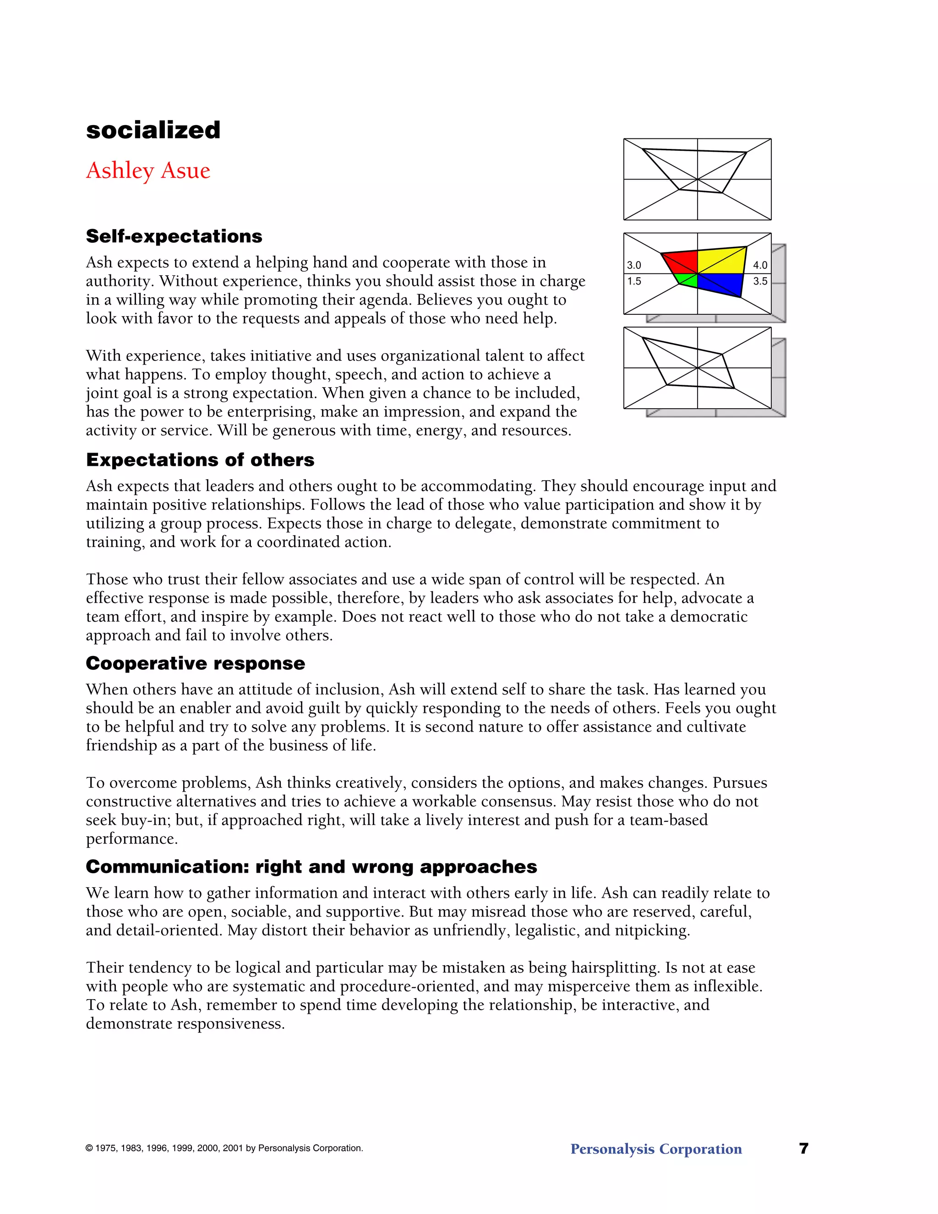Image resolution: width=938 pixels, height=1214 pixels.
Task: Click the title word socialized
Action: pos(153,130)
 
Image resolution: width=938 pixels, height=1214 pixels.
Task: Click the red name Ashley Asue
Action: pos(148,171)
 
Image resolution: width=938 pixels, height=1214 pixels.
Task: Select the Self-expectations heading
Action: pos(174,236)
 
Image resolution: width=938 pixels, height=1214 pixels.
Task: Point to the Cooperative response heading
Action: pos(195,663)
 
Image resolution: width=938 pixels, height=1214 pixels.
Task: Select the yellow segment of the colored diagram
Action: pos(721,261)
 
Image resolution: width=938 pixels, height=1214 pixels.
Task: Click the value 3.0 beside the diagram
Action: pos(634,265)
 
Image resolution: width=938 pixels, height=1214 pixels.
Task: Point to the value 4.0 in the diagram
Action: pos(760,265)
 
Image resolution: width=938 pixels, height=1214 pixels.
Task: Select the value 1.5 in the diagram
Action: pos(634,281)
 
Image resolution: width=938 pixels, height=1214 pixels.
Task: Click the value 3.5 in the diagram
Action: pos(760,281)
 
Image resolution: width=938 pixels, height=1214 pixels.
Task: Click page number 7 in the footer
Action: pos(803,1148)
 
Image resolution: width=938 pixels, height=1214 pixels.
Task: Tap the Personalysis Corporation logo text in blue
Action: pos(656,1149)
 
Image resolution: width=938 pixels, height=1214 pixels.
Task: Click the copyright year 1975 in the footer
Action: pos(106,1148)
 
